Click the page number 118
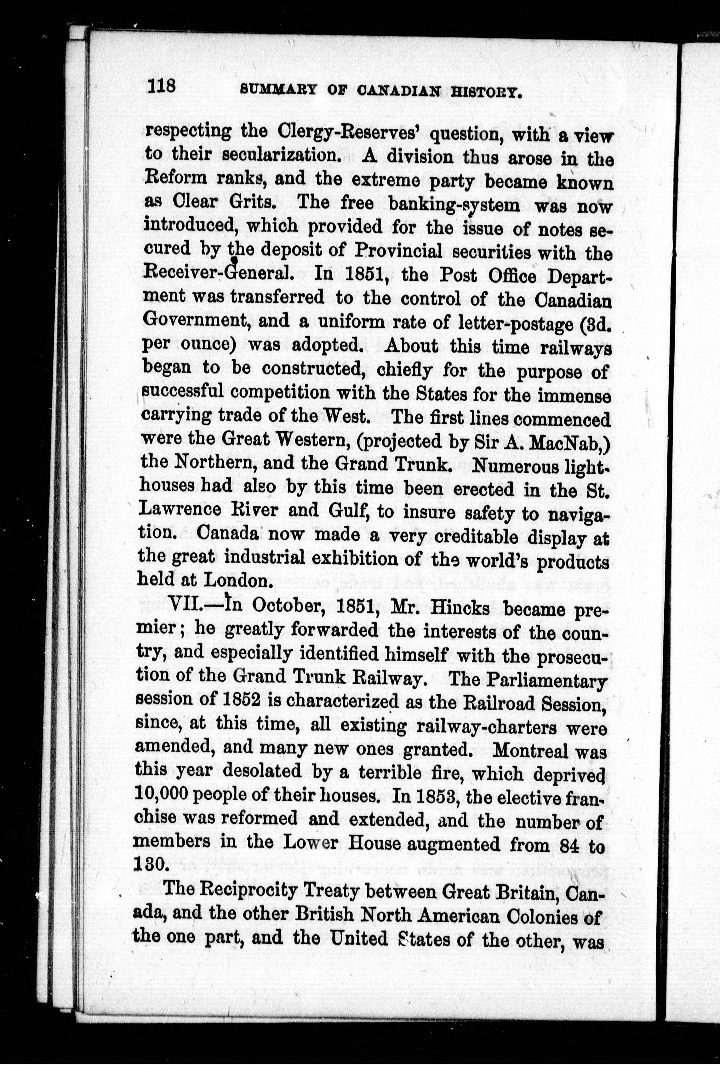(x=162, y=86)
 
